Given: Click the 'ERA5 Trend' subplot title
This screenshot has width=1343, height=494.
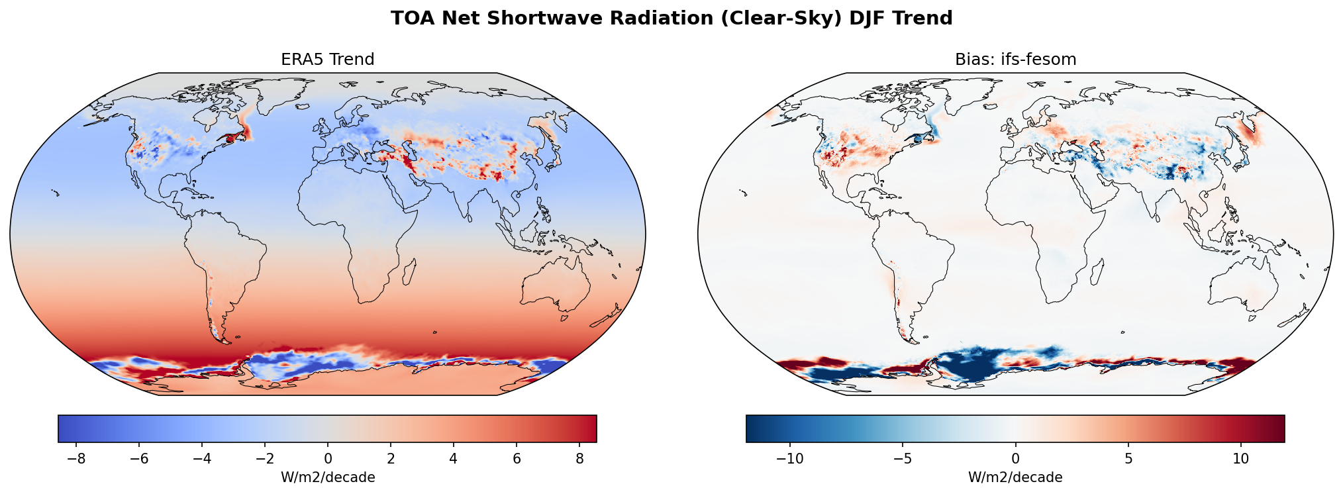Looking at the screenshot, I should click(327, 60).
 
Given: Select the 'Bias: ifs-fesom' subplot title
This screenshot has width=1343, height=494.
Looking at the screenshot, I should click(1015, 60).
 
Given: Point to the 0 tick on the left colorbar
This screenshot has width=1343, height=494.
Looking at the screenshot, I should click(328, 458).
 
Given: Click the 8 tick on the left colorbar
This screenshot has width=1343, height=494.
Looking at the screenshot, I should click(579, 458).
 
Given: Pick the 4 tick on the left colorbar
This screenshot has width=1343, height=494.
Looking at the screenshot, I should click(454, 458).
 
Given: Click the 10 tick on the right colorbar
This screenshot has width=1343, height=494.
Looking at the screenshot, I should click(1241, 458).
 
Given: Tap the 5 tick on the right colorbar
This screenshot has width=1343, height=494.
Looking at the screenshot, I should click(1128, 458).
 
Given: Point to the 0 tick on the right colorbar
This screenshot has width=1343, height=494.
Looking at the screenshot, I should click(1015, 458).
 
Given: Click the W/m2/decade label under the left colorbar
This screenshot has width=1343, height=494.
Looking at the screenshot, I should click(328, 477).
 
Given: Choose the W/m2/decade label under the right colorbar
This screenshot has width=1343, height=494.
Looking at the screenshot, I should click(1015, 477).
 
